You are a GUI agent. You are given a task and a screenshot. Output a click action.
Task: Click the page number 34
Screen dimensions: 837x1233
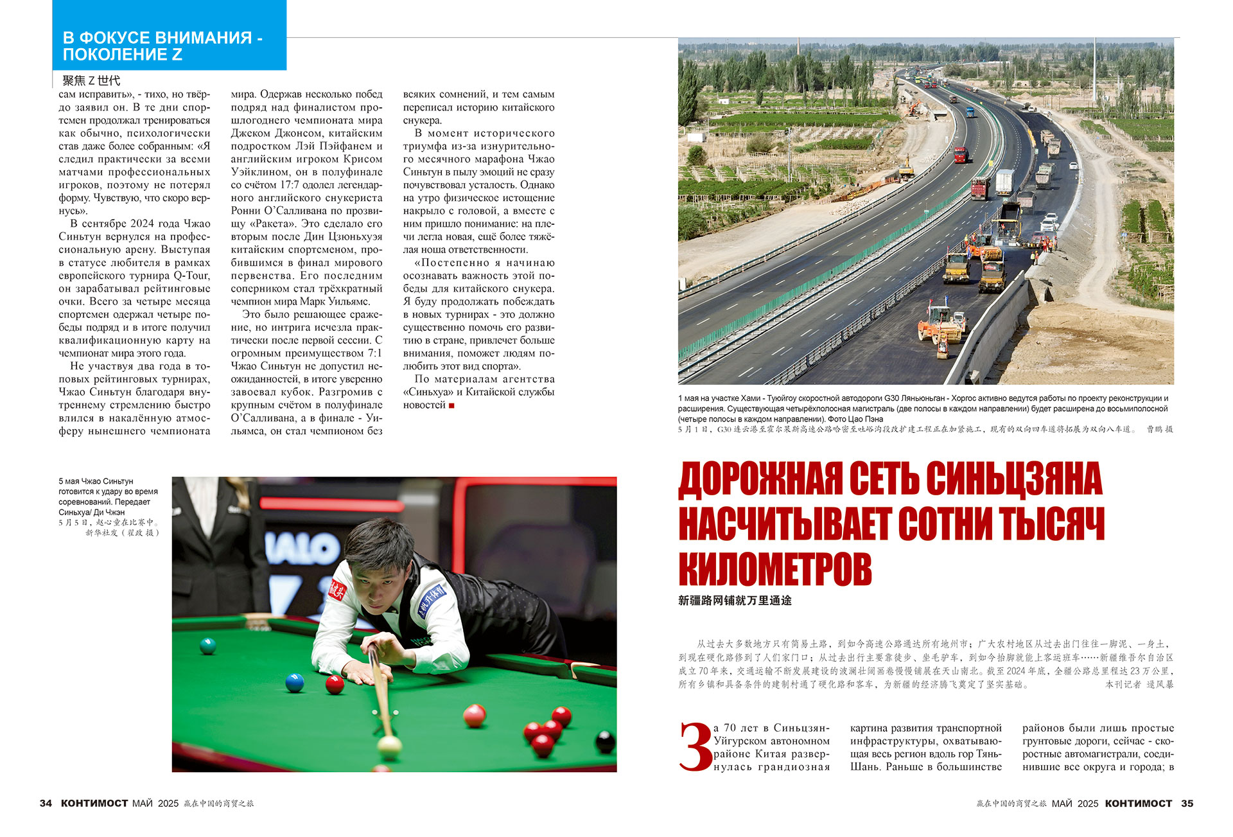point(46,803)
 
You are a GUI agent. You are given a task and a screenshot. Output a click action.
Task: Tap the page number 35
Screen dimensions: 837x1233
point(1187,803)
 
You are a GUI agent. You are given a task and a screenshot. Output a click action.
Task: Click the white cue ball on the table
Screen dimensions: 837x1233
point(389,746)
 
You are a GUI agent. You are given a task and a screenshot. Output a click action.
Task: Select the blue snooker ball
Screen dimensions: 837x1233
point(294,682)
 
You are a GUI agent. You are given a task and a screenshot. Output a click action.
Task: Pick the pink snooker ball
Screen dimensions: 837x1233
point(475,715)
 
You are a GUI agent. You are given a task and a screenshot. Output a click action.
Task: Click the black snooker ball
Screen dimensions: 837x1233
point(605,742)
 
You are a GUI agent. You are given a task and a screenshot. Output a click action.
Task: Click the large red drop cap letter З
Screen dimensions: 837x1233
point(695,747)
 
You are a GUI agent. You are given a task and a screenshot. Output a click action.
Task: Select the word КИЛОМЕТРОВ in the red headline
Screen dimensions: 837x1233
point(774,568)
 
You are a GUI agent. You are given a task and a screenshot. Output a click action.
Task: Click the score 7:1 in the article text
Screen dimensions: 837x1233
point(371,353)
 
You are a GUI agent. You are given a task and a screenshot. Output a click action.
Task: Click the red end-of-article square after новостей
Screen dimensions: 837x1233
point(451,405)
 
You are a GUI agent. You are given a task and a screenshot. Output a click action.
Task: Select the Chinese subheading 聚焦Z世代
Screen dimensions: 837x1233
point(91,80)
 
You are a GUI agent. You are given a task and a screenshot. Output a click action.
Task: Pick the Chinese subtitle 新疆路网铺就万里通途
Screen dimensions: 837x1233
point(735,601)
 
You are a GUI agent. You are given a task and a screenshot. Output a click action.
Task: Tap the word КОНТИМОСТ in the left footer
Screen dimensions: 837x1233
point(94,803)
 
